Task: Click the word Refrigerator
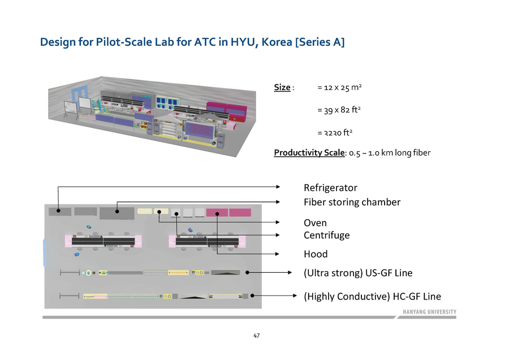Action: [x=330, y=188]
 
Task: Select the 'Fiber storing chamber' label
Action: [x=352, y=202]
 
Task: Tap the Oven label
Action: [x=315, y=223]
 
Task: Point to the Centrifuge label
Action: [x=326, y=235]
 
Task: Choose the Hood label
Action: [x=316, y=254]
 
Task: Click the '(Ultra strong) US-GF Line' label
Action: [x=358, y=273]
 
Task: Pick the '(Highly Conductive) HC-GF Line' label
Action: [x=372, y=296]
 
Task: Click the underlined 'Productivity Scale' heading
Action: [x=309, y=153]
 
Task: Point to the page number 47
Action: [x=256, y=336]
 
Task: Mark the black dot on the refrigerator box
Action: [x=58, y=211]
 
